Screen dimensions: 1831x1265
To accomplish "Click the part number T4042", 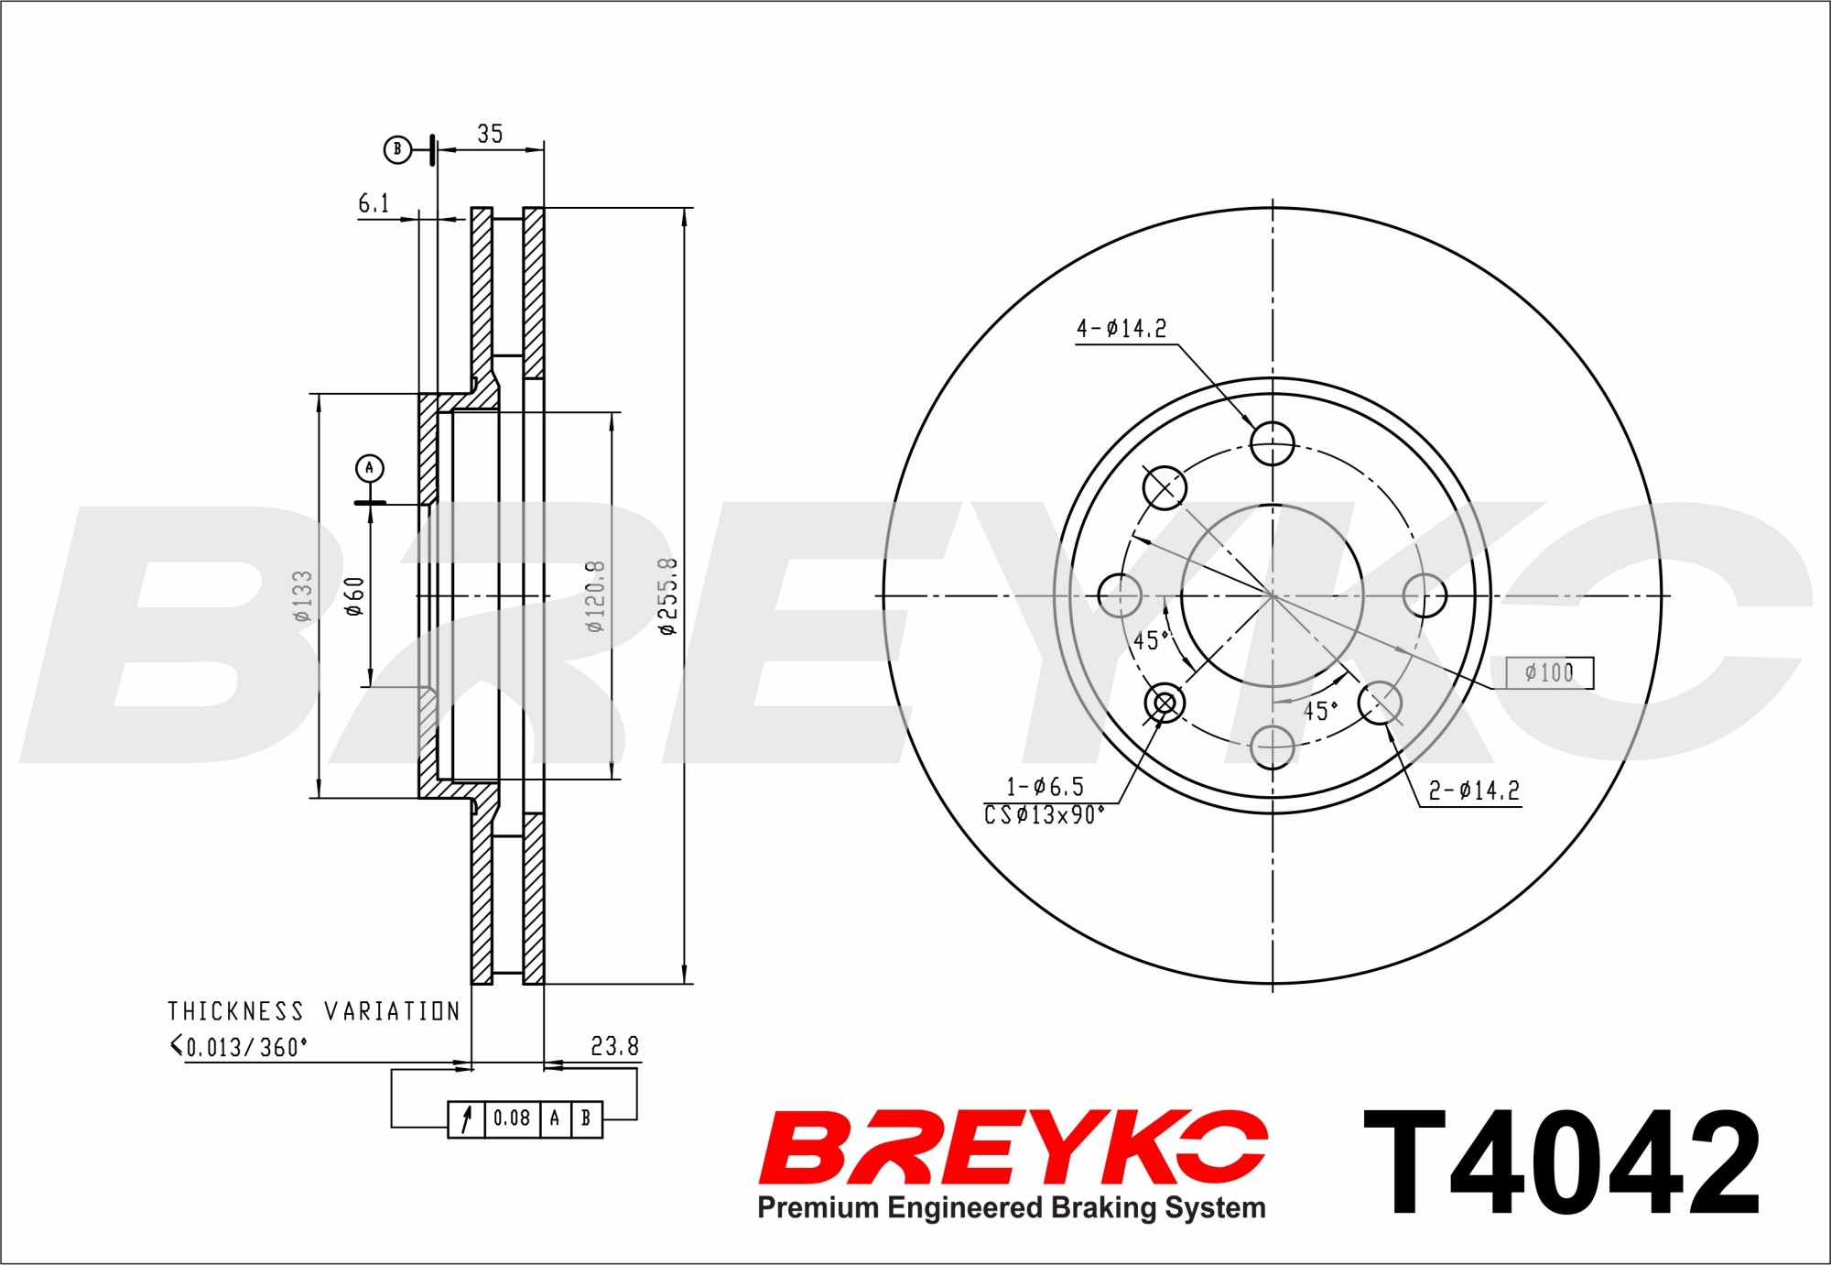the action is [1562, 1162].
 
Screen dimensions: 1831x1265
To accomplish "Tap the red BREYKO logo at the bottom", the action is [1013, 1147].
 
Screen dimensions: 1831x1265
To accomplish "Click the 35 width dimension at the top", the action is [490, 134].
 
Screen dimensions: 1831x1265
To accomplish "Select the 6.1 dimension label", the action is [374, 203].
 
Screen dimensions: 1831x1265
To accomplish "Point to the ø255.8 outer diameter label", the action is [667, 595].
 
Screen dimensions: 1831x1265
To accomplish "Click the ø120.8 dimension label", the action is [595, 595].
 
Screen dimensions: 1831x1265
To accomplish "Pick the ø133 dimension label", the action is [302, 595].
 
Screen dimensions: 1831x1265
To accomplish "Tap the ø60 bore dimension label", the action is [354, 595].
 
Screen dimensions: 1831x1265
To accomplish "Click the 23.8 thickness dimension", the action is [614, 1046].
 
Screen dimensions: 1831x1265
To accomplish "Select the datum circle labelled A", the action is [370, 469].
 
